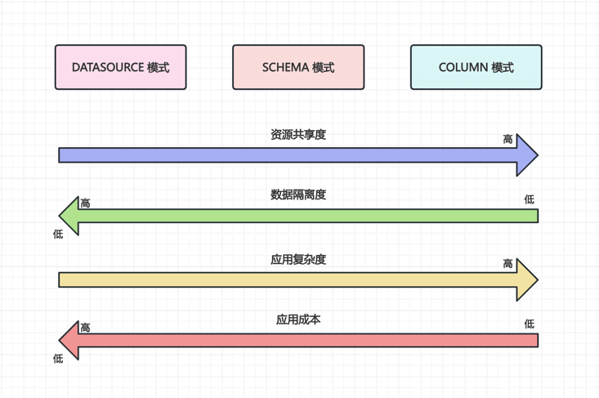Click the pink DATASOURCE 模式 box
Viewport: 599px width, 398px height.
[120, 67]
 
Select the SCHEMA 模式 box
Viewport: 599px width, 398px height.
[298, 67]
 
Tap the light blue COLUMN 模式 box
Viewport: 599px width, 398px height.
[476, 67]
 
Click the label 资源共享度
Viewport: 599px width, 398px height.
[298, 135]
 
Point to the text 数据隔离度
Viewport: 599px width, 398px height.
[298, 195]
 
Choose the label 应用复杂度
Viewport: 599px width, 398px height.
[298, 259]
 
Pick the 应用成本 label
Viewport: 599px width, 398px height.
[298, 320]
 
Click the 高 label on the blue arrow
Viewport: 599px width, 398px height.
[508, 140]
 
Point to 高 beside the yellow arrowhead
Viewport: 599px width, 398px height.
[508, 264]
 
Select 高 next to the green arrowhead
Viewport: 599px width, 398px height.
[85, 203]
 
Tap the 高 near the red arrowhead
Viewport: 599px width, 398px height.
[85, 328]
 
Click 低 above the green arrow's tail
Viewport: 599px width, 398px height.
[530, 199]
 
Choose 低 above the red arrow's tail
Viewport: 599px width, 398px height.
[530, 324]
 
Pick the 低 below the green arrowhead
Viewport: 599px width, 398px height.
[58, 235]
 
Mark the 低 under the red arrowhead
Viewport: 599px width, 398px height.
[58, 359]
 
